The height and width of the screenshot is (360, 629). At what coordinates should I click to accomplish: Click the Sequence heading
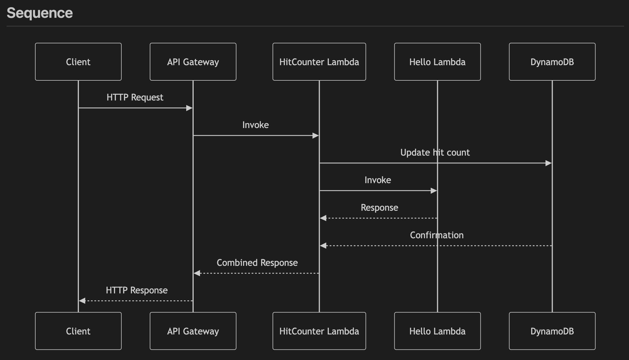click(40, 13)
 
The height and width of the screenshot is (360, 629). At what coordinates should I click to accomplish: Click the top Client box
click(78, 62)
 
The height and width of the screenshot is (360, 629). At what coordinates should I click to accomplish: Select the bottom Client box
click(78, 331)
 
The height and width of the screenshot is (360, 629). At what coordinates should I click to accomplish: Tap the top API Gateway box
click(193, 62)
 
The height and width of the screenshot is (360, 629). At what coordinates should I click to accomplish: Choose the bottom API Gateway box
click(193, 331)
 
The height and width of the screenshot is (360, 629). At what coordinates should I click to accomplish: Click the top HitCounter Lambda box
click(319, 62)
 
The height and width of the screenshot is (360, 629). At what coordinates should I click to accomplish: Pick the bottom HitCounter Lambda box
click(319, 331)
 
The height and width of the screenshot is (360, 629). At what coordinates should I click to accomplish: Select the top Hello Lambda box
click(437, 62)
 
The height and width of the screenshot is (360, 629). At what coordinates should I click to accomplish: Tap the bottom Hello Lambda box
click(437, 331)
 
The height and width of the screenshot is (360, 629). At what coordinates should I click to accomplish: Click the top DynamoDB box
click(552, 62)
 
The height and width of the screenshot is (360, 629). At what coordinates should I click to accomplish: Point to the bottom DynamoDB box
click(552, 331)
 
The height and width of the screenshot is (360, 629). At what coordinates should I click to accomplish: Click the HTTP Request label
click(135, 97)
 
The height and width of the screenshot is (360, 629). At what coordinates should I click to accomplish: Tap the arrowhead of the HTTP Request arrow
click(189, 108)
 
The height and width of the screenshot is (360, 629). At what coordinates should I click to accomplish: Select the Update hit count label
click(435, 152)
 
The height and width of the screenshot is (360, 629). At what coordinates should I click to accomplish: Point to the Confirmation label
click(437, 235)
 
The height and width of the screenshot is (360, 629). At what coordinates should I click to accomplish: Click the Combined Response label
click(257, 263)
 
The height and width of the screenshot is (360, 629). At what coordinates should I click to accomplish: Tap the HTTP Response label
click(137, 290)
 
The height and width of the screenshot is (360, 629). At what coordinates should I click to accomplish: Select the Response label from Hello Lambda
click(379, 208)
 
